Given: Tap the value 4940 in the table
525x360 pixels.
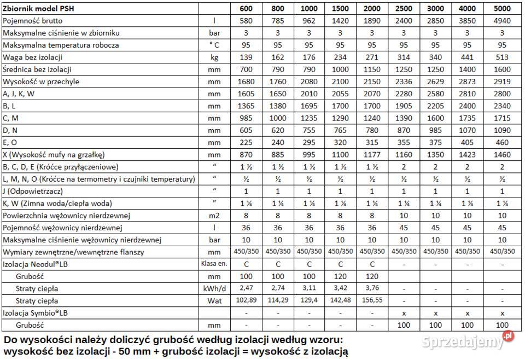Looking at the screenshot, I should [x=502, y=21].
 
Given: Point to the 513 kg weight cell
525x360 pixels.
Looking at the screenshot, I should [x=502, y=57].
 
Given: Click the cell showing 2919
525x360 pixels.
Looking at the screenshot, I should [x=502, y=81].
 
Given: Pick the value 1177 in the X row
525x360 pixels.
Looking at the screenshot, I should [x=372, y=154].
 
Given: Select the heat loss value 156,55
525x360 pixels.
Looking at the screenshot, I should [x=372, y=300].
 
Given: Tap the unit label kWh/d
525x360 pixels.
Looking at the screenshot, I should [x=214, y=288].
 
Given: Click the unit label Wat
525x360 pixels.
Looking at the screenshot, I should [x=214, y=300].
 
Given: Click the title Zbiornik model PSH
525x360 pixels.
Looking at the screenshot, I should [x=36, y=9].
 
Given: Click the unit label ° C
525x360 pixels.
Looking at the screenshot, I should [x=214, y=45].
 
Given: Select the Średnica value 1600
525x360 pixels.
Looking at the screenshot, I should [x=502, y=69].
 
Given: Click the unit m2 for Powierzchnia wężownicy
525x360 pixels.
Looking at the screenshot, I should [x=214, y=215].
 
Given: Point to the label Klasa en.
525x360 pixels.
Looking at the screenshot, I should [x=214, y=264].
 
